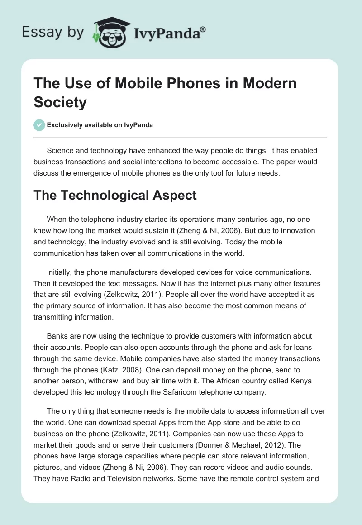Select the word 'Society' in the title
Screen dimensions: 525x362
point(60,102)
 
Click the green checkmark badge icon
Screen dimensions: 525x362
point(39,125)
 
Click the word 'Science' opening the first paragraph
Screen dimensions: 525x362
point(61,151)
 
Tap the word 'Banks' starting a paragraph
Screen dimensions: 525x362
point(57,337)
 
